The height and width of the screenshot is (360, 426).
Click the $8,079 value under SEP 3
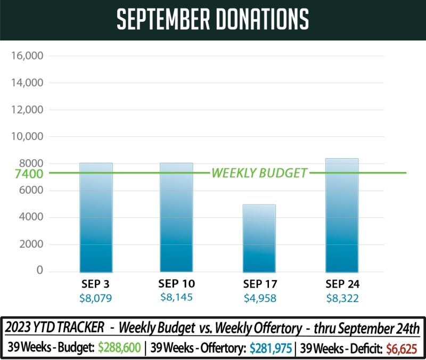pos(96,298)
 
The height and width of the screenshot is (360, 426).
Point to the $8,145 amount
pos(176,298)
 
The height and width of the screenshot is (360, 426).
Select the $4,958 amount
pos(259,298)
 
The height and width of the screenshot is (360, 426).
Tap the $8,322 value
pos(342,298)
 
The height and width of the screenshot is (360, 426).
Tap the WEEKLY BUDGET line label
pos(259,173)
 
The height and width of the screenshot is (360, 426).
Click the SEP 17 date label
pos(259,284)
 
